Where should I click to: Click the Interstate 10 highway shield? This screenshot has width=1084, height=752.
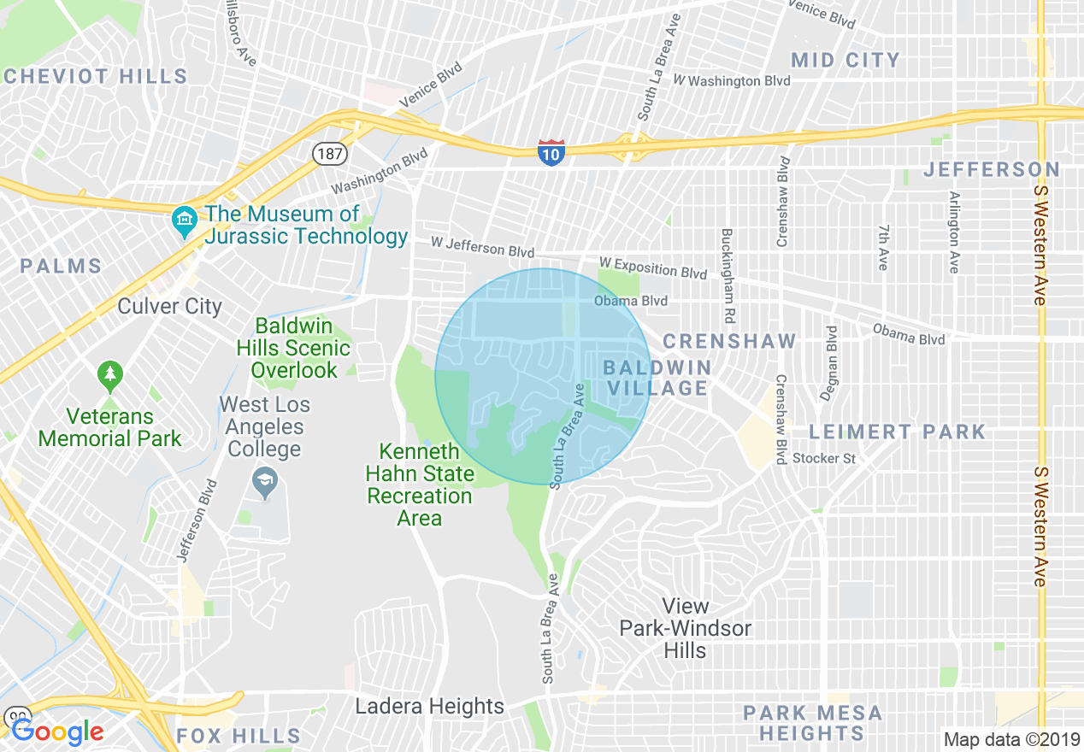[x=551, y=153]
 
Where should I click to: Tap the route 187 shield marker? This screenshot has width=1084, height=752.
[x=329, y=154]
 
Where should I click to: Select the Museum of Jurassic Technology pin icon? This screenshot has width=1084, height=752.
[x=184, y=223]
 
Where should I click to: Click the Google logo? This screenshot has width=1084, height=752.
[x=57, y=731]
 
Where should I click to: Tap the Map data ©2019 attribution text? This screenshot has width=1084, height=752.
[x=1011, y=739]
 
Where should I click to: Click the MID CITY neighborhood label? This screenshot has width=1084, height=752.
[x=845, y=60]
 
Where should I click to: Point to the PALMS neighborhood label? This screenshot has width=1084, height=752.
[x=62, y=266]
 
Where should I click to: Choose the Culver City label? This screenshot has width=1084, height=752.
[x=170, y=306]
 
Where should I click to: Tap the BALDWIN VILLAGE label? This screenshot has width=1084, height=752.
[x=657, y=378]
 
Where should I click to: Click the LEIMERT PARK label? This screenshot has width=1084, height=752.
[x=898, y=432]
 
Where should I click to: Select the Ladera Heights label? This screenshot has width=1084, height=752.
[x=430, y=707]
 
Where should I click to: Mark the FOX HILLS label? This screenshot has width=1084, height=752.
[x=239, y=736]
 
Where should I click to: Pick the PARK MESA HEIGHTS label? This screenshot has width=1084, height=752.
[x=812, y=723]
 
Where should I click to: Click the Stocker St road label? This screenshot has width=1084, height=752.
[x=823, y=459]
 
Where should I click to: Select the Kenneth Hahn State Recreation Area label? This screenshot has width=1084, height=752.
[x=420, y=485]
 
